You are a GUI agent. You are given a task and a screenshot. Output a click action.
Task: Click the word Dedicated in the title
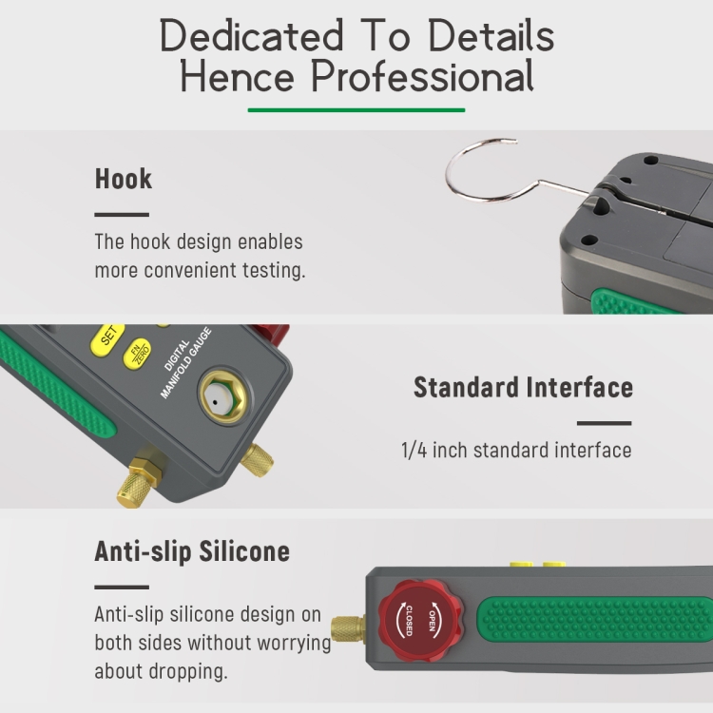[x=252, y=35]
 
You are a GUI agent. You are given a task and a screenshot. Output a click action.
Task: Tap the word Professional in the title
[x=423, y=76]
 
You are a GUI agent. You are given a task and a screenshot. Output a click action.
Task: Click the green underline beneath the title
[x=356, y=110]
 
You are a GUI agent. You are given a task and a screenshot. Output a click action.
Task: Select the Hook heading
[x=124, y=179]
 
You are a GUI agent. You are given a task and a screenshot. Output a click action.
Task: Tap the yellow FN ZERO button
[x=138, y=353]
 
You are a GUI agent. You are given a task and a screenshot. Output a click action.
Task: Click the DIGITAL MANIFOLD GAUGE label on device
[x=185, y=363]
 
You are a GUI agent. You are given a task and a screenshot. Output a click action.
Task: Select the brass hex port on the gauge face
[x=225, y=397]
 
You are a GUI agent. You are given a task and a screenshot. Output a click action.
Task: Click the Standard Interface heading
[x=523, y=388]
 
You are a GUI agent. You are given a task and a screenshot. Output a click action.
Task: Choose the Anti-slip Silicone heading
[x=192, y=551]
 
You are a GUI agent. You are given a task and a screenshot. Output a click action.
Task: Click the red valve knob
[x=420, y=619]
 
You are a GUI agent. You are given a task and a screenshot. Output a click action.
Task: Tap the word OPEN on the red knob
[x=432, y=621]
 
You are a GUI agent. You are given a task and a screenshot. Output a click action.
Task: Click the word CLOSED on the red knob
[x=409, y=621]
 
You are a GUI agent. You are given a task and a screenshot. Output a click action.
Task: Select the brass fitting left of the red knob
[x=348, y=629]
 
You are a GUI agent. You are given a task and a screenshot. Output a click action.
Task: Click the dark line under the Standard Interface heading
[x=604, y=423]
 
